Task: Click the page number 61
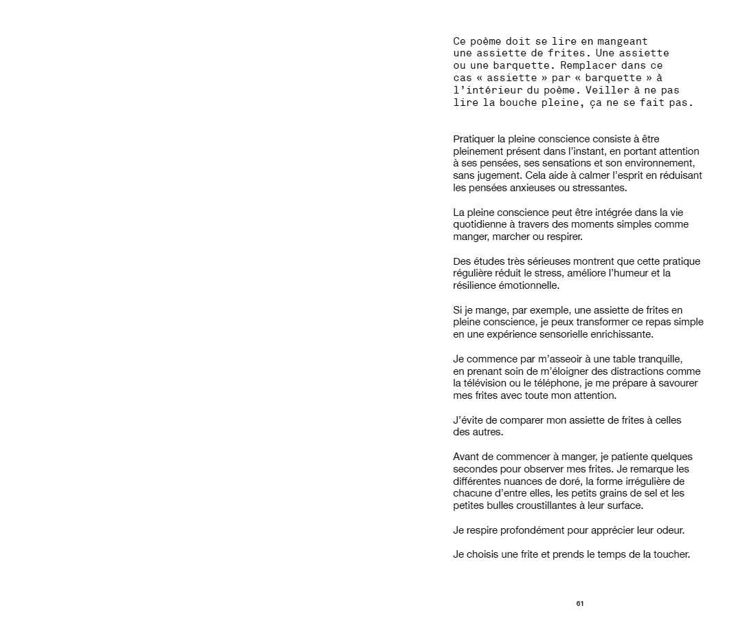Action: (580, 604)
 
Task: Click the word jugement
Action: (500, 175)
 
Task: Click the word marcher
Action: (512, 237)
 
